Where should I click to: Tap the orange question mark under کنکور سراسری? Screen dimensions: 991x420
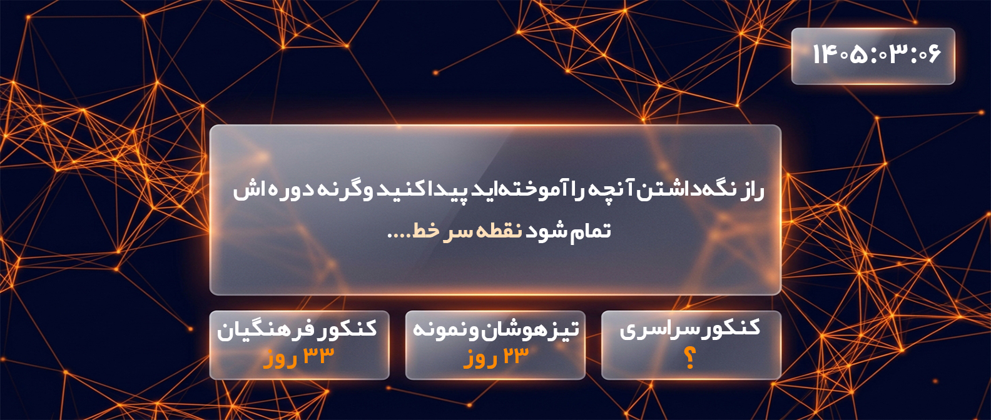click(x=690, y=359)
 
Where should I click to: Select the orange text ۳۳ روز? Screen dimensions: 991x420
click(x=298, y=357)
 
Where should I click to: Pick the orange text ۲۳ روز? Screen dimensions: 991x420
click(x=495, y=357)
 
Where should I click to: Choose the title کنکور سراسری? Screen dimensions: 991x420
click(x=689, y=329)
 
